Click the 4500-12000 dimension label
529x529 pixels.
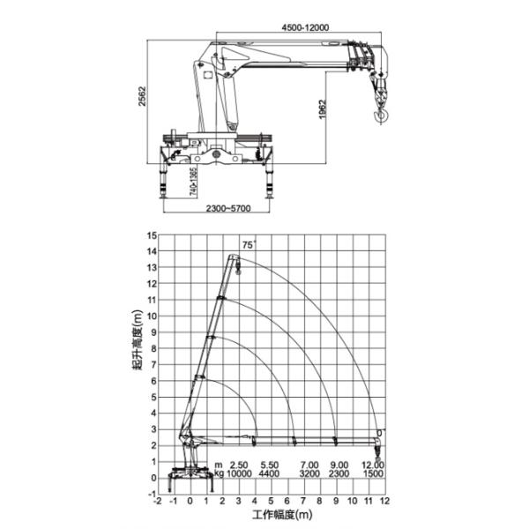[x=305, y=28]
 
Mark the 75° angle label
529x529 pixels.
[x=248, y=244]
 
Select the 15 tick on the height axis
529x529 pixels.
[x=151, y=235]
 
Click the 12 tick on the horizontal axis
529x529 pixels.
[x=384, y=500]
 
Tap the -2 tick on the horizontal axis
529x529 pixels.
[x=158, y=500]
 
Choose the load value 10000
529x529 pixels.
[x=238, y=473]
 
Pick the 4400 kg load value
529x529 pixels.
[x=271, y=473]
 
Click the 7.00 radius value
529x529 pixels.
[x=309, y=464]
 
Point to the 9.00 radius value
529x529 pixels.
[x=339, y=464]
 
